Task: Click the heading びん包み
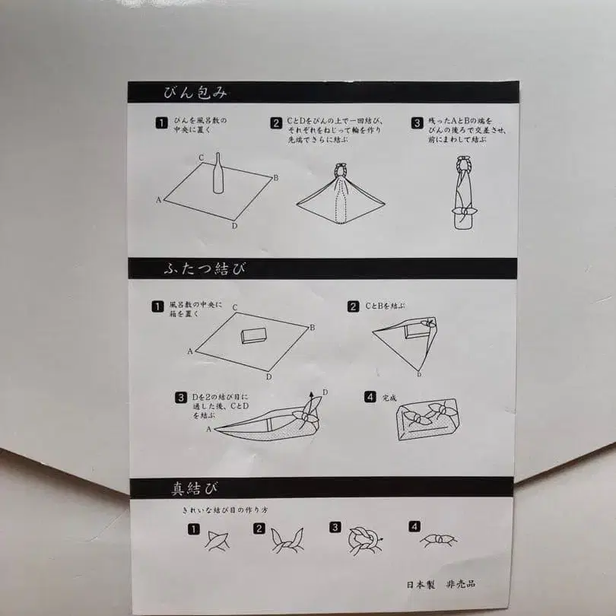pyautogui.click(x=195, y=93)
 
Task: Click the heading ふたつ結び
pyautogui.click(x=203, y=269)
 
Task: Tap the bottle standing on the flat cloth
pyautogui.click(x=218, y=173)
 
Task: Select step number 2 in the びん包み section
pyautogui.click(x=276, y=122)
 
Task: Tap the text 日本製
pyautogui.click(x=421, y=585)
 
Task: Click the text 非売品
pyautogui.click(x=466, y=585)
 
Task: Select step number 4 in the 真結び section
pyautogui.click(x=414, y=526)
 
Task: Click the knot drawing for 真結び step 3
pyautogui.click(x=364, y=538)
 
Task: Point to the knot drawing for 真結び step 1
pyautogui.click(x=215, y=539)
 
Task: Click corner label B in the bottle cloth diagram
pyautogui.click(x=275, y=177)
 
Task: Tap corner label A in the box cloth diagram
pyautogui.click(x=189, y=351)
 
